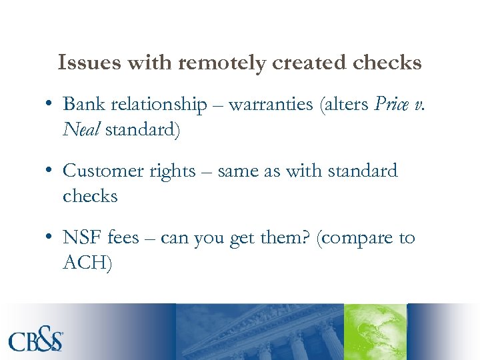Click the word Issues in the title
coord(82,63)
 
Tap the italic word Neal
coord(79,129)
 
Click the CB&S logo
coord(37,340)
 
